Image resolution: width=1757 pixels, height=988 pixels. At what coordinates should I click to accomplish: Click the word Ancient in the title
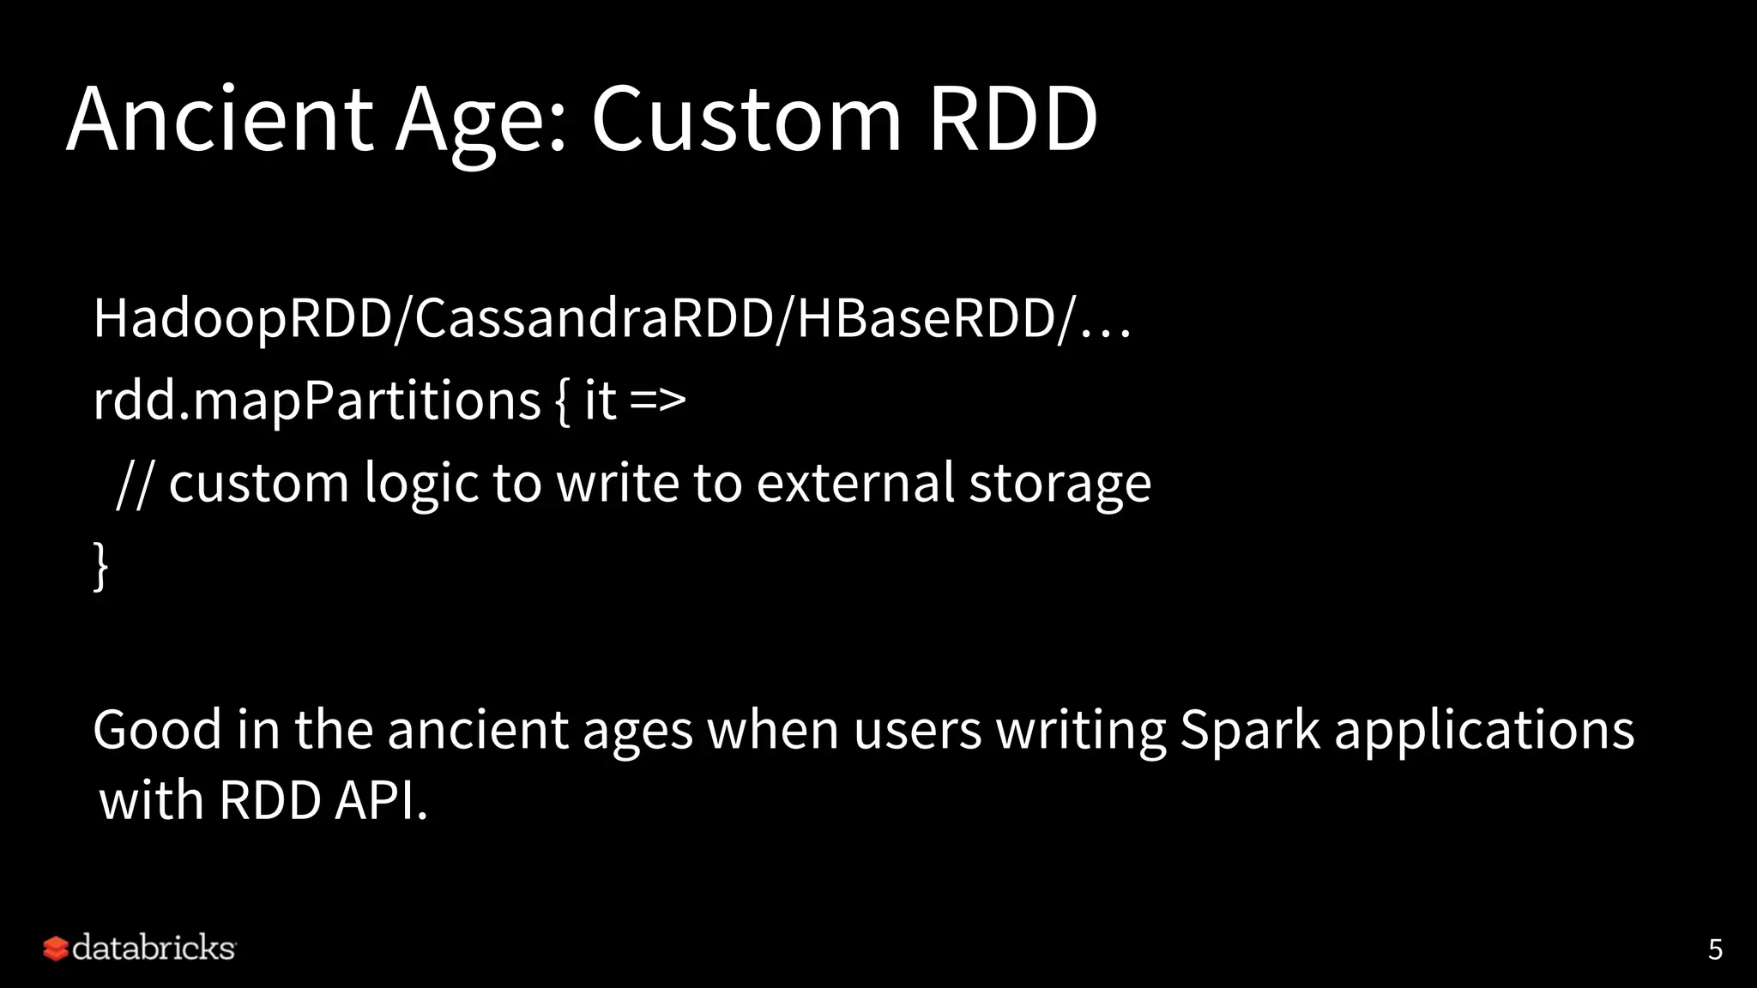[x=220, y=120]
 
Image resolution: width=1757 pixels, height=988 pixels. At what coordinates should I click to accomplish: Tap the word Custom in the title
[x=746, y=120]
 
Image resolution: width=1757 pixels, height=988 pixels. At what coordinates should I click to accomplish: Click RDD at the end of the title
[x=1012, y=120]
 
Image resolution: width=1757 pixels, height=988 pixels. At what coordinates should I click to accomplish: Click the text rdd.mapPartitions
[x=316, y=401]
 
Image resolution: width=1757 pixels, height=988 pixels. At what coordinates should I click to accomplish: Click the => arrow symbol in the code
[x=657, y=401]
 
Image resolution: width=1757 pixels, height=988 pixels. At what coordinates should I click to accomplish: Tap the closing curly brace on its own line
[x=101, y=565]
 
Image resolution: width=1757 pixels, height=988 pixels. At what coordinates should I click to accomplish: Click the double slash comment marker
[x=134, y=484]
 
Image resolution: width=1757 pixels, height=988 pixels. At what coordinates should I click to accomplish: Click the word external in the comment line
[x=855, y=484]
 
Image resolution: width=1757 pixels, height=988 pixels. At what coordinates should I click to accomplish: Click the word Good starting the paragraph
[x=157, y=731]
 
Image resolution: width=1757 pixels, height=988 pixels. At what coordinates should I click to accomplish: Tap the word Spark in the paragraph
[x=1249, y=731]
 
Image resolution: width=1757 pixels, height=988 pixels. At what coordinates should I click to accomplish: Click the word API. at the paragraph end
[x=381, y=801]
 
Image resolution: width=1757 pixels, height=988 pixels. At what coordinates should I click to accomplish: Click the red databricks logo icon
[x=55, y=949]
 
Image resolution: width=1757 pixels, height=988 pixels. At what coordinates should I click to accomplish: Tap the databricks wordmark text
[x=154, y=949]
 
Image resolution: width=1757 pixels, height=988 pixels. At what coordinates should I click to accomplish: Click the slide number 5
[x=1715, y=949]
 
